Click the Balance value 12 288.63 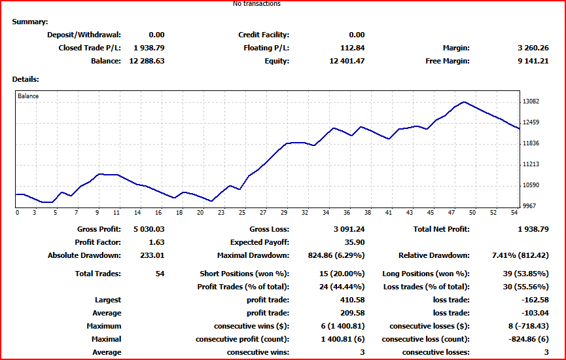point(147,61)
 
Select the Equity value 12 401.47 point(347,61)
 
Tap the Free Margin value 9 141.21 point(533,61)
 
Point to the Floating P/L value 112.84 point(352,48)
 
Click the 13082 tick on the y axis point(531,101)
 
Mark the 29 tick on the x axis point(284,213)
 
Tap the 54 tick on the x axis point(514,213)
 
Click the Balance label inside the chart point(28,96)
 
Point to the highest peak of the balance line point(464,102)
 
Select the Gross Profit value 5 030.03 point(149,229)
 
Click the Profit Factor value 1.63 point(156,242)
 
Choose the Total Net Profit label point(442,229)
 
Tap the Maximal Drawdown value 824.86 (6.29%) point(336,256)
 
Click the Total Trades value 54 point(160,274)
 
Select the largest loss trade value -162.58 point(535,300)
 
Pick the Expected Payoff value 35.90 point(355,242)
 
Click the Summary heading point(30,22)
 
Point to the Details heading point(26,79)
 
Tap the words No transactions point(256,4)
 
